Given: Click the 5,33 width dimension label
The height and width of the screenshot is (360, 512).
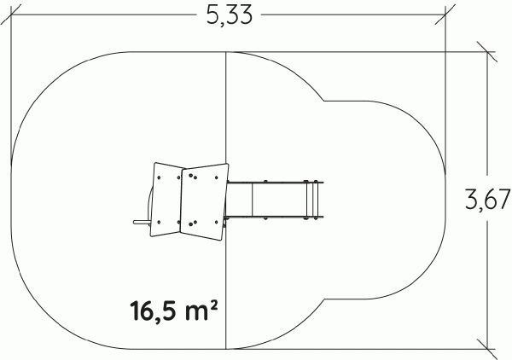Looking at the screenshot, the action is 230,15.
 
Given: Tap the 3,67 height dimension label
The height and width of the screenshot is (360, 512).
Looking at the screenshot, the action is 488,200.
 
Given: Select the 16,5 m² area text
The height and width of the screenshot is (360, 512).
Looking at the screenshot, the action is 174,311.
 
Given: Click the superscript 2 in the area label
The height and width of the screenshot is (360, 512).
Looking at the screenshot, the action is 213,306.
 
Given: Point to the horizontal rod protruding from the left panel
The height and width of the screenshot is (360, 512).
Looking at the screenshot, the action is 142,223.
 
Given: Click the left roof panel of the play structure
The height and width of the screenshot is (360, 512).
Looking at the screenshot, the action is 167,199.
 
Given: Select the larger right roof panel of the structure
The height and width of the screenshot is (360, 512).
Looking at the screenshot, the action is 204,201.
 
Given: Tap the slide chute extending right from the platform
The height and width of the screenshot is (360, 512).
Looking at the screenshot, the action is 274,199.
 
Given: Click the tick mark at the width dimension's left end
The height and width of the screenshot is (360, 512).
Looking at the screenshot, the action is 11,15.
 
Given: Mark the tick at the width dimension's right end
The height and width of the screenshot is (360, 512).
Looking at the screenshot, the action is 445,15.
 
